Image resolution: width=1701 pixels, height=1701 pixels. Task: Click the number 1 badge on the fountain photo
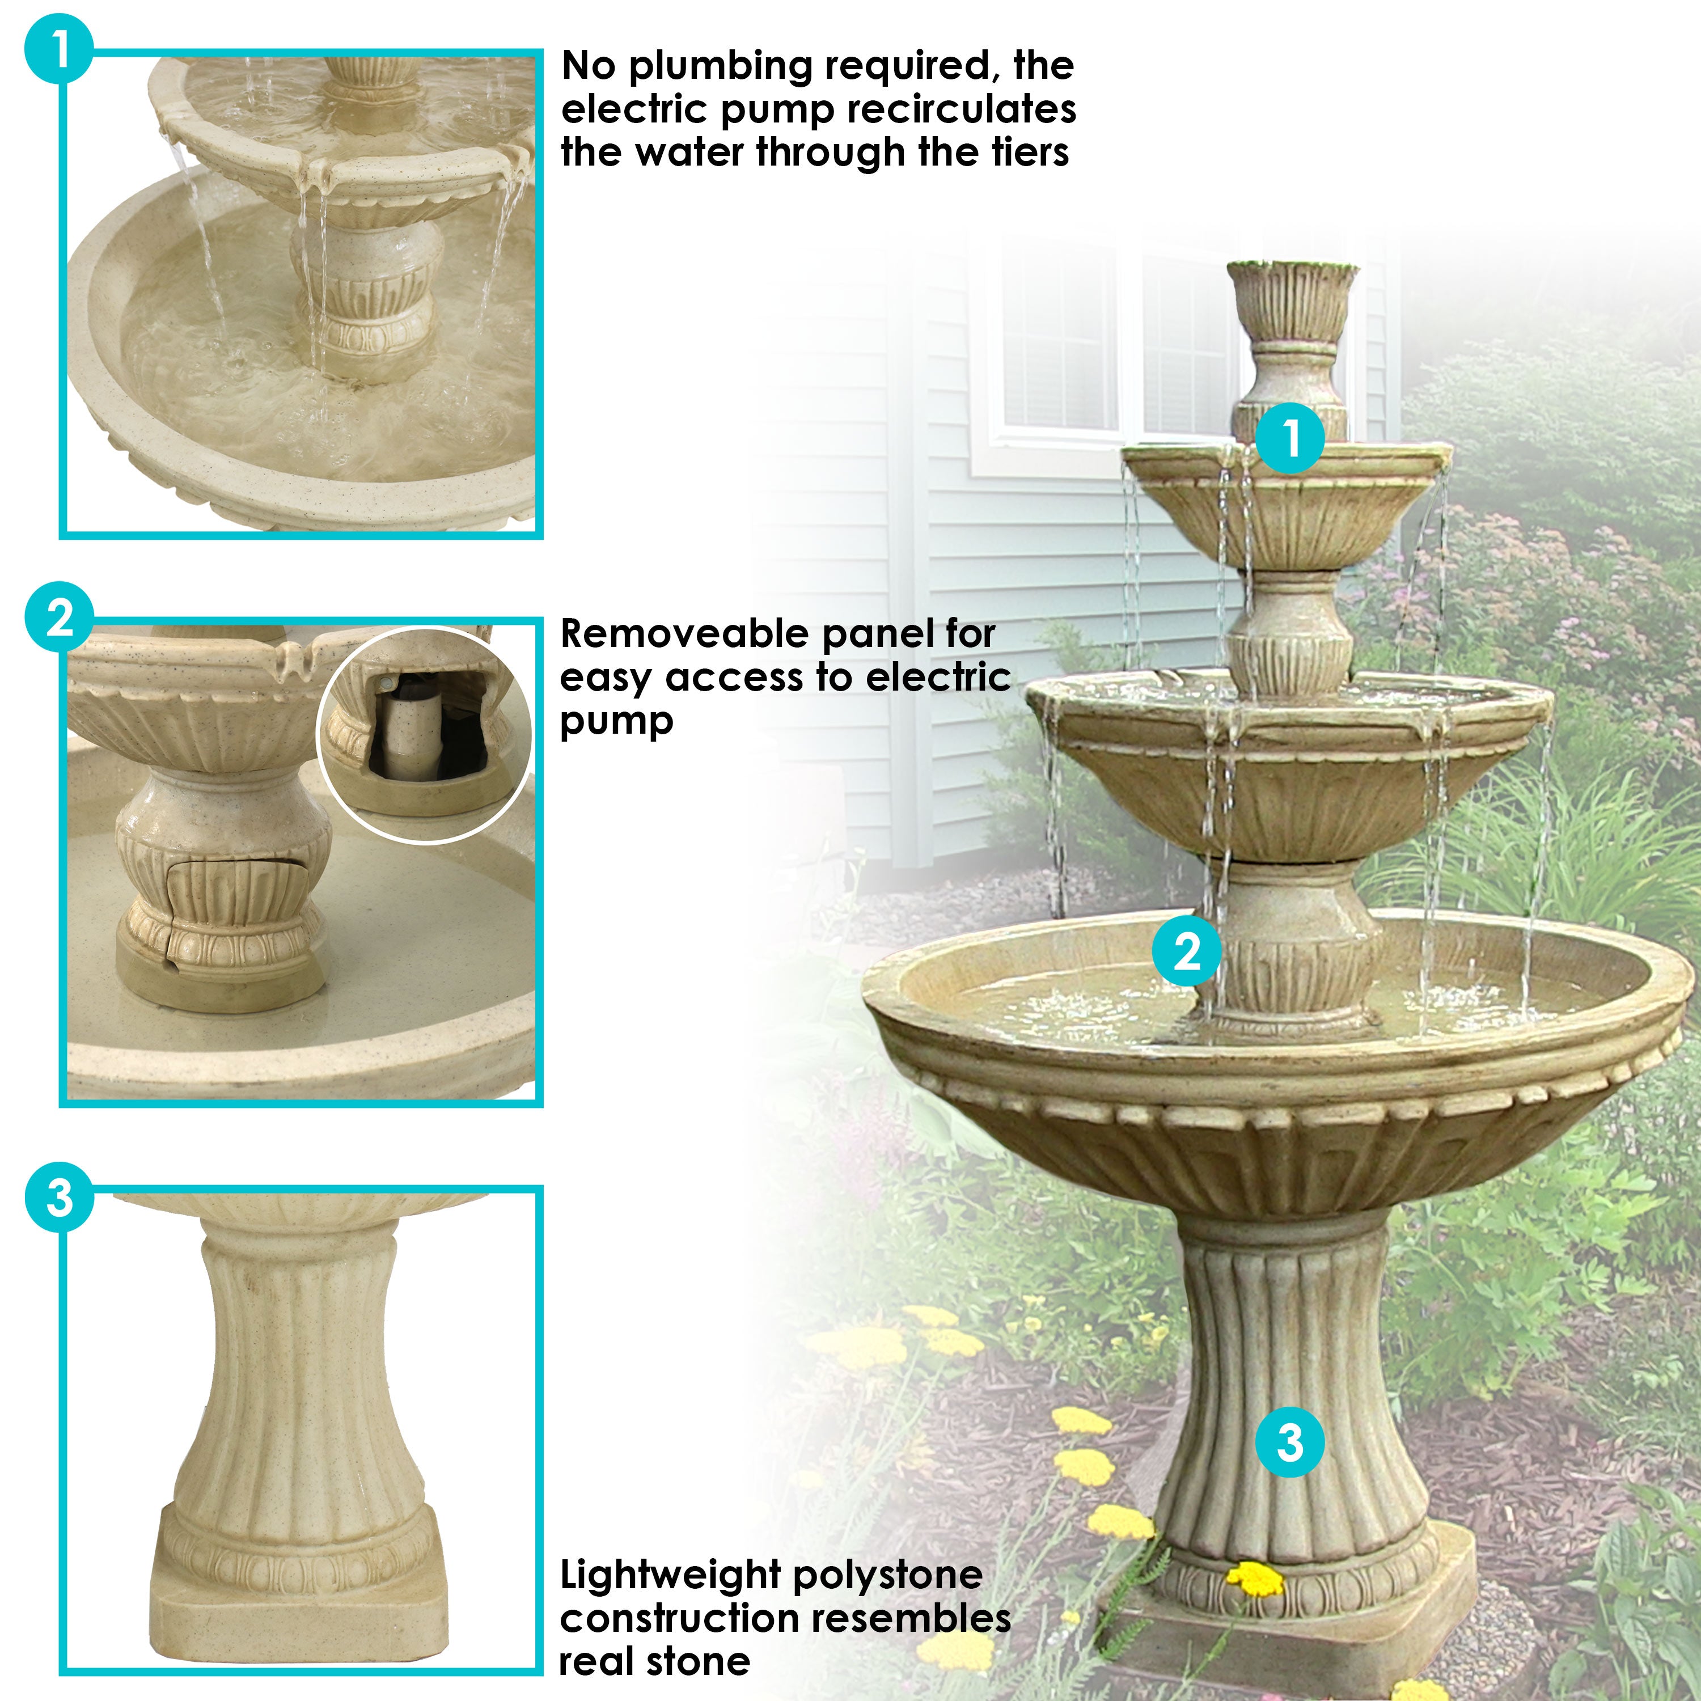point(1290,438)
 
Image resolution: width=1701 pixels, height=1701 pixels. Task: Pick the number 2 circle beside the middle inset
point(59,618)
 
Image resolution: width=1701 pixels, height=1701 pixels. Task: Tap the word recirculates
point(962,110)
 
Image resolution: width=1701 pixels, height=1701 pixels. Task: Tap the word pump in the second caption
point(616,722)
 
